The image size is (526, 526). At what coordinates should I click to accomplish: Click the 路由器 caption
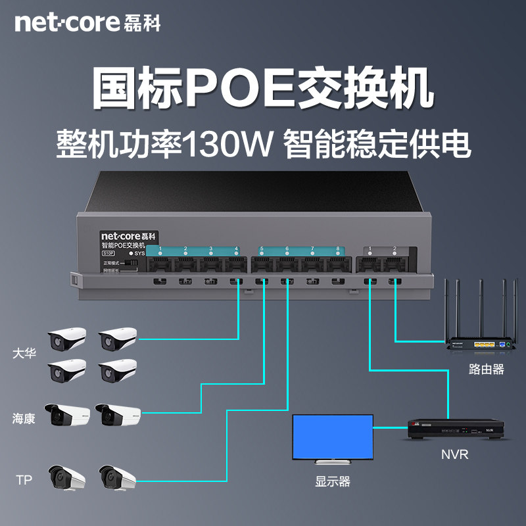487,370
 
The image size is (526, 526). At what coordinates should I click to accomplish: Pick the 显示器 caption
333,482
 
